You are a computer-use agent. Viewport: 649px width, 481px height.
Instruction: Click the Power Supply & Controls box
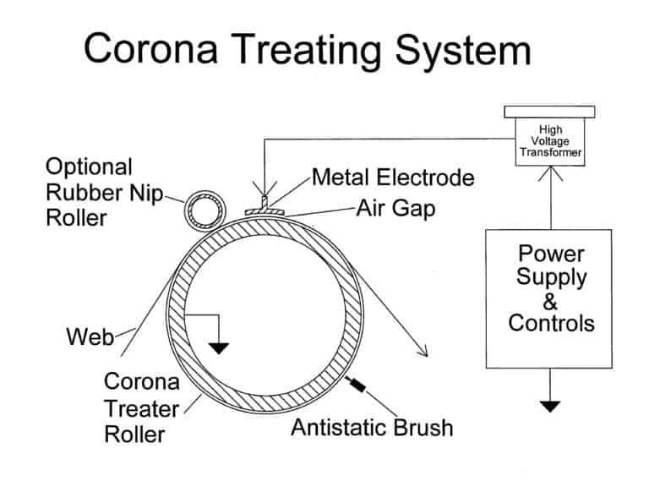pyautogui.click(x=549, y=298)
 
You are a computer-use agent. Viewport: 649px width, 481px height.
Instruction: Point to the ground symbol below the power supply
pyautogui.click(x=550, y=405)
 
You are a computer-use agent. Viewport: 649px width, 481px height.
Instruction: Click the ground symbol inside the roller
pyautogui.click(x=220, y=347)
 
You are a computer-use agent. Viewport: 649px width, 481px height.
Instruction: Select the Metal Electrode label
pyautogui.click(x=392, y=178)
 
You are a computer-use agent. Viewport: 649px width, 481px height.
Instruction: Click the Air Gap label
pyautogui.click(x=395, y=208)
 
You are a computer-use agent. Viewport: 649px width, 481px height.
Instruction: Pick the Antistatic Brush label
pyautogui.click(x=372, y=427)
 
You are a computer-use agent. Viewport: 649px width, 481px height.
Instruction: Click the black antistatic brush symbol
pyautogui.click(x=359, y=386)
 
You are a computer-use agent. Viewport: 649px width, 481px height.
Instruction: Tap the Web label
pyautogui.click(x=90, y=337)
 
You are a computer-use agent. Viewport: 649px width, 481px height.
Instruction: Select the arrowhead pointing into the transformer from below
pyautogui.click(x=550, y=172)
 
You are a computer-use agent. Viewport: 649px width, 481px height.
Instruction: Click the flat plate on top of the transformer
pyautogui.click(x=549, y=112)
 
